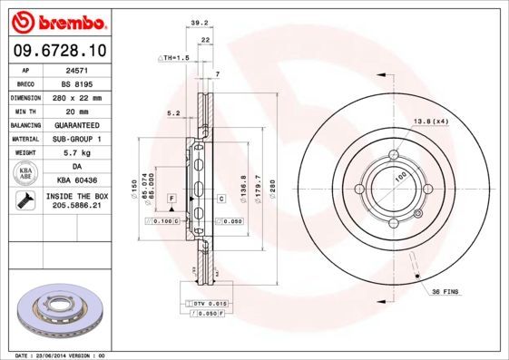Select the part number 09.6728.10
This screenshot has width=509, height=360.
pyautogui.click(x=60, y=51)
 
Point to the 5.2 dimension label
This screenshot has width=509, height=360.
pyautogui.click(x=173, y=113)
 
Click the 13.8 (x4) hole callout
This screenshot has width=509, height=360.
pyautogui.click(x=431, y=121)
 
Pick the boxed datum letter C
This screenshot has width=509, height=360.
pyautogui.click(x=220, y=198)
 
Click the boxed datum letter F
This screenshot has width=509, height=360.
pyautogui.click(x=171, y=197)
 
